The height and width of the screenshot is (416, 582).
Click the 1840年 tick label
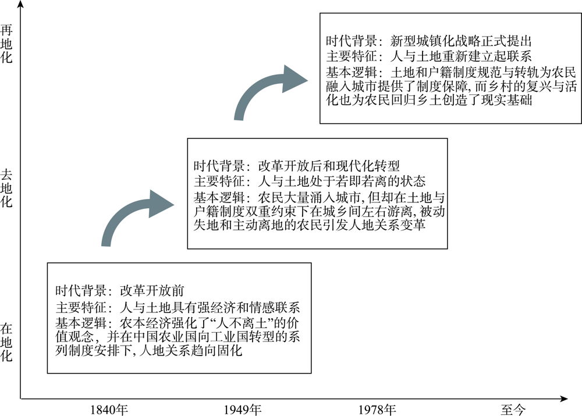(109, 410)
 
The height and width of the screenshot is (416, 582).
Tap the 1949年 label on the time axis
(242, 410)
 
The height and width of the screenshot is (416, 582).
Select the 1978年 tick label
(377, 410)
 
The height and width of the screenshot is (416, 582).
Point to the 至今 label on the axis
(513, 410)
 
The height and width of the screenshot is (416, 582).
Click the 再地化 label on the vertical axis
(6, 44)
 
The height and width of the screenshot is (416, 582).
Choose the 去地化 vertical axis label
(6, 188)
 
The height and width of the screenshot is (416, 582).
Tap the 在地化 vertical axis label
(6, 342)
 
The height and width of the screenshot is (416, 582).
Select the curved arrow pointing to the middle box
(126, 214)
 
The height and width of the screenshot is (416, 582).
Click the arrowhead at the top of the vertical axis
(21, 3)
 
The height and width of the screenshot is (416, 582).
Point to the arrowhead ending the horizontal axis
(563, 399)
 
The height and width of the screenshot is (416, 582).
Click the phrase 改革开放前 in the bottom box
(152, 290)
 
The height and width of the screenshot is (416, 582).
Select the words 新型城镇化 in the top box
(422, 41)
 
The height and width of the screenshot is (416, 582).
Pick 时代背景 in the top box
(352, 41)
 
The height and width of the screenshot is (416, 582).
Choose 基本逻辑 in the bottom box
(81, 322)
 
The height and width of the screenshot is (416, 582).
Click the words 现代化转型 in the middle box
(367, 165)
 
